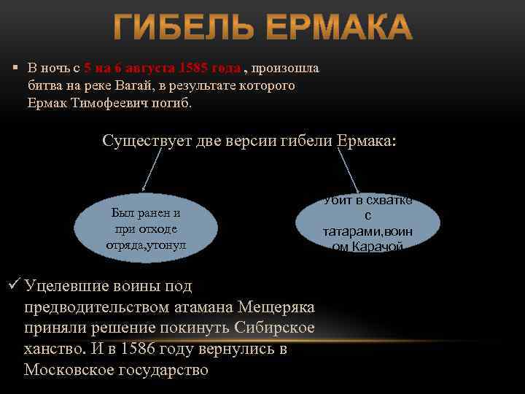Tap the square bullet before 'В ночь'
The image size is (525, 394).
(x=15, y=68)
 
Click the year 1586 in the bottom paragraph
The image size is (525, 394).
(x=139, y=349)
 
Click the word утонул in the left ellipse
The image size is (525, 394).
(x=167, y=244)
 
